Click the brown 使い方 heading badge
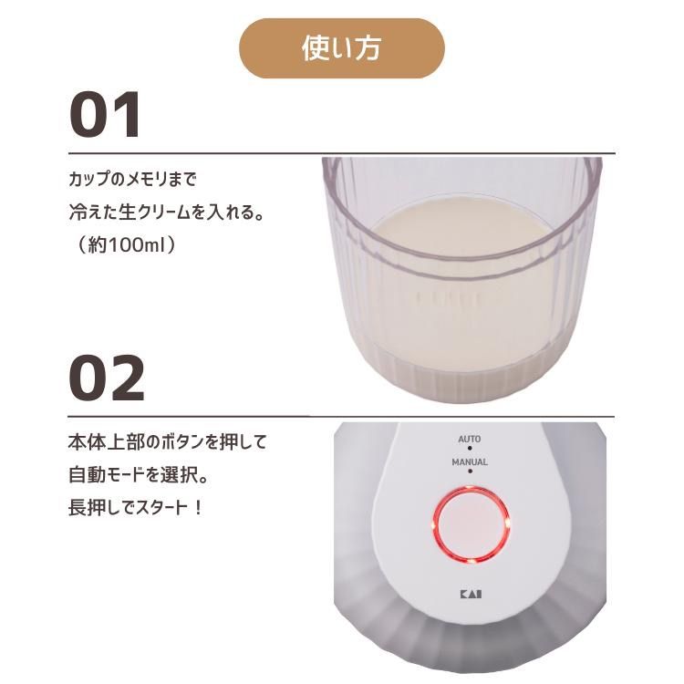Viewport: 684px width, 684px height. click(x=342, y=48)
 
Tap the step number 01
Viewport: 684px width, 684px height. click(x=105, y=115)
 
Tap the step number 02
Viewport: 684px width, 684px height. click(x=107, y=378)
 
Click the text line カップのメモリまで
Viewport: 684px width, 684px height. click(x=132, y=179)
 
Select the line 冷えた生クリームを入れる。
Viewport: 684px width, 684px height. click(x=167, y=212)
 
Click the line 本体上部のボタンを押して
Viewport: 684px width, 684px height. click(x=168, y=442)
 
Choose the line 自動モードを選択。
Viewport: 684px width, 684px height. click(x=139, y=475)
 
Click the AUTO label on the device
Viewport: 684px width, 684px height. click(x=470, y=440)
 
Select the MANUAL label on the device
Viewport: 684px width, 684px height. click(x=470, y=462)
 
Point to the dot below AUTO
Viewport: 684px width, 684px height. click(x=470, y=448)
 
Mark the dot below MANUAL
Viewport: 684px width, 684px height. click(x=470, y=472)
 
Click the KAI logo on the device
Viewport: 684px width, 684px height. click(x=472, y=594)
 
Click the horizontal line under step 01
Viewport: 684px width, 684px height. click(x=342, y=153)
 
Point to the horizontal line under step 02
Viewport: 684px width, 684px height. click(x=341, y=417)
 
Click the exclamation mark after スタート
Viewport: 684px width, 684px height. click(x=198, y=508)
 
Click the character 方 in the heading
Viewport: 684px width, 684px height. click(x=368, y=48)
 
